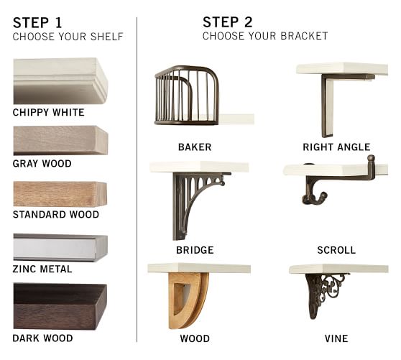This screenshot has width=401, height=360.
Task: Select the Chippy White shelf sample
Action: (60, 81)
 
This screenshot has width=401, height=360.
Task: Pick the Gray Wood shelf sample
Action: (60, 140)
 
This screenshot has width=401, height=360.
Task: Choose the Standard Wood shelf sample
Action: (60, 193)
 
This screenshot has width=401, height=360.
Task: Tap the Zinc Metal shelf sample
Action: (60, 247)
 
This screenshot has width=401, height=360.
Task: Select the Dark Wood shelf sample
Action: (60, 305)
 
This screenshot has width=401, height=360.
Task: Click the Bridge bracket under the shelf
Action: (188, 201)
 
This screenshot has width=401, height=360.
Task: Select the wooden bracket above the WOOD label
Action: (188, 300)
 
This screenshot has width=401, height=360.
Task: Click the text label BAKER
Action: (195, 147)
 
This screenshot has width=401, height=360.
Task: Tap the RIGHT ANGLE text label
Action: (336, 147)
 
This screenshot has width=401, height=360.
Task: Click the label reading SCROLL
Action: (336, 250)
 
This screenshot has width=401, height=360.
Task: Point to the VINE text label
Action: (336, 338)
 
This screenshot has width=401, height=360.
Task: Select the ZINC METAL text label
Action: (42, 269)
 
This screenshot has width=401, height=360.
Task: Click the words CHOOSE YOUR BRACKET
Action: (264, 36)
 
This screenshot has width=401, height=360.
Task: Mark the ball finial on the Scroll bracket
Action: (371, 158)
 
